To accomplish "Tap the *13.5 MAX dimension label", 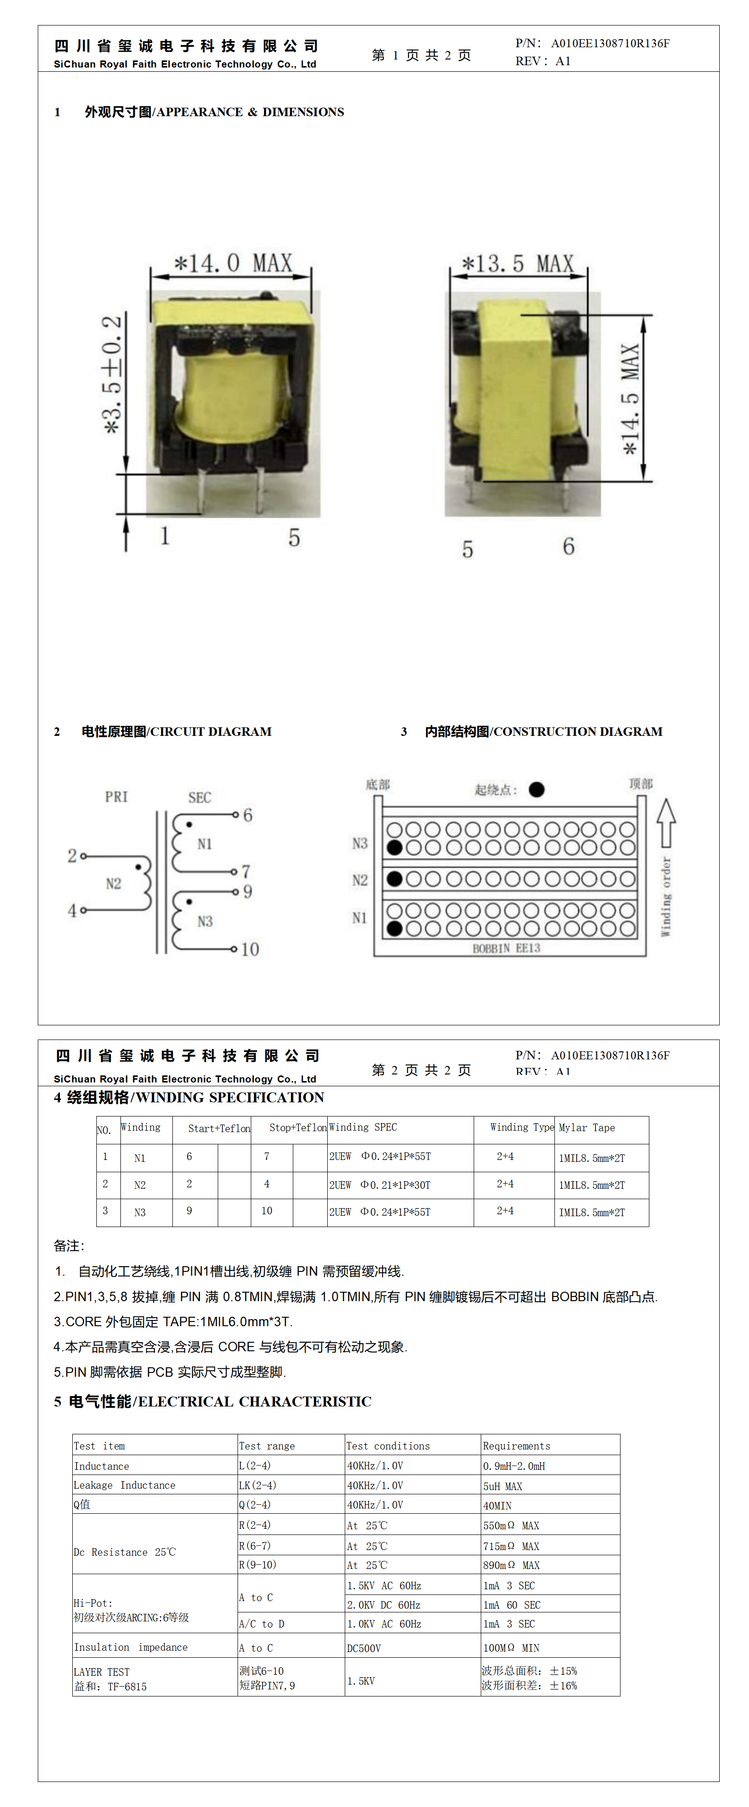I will coord(518,264).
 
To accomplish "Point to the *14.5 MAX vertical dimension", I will coord(630,399).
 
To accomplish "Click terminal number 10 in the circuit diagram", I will coord(250,949).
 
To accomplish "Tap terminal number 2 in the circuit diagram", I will coord(71,856).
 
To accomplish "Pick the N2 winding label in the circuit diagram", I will coord(114,884).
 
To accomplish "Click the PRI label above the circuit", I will coord(117,797).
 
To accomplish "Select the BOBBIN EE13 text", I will coord(506,948).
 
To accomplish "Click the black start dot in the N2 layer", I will coord(395,879).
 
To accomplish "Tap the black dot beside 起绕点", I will coord(536,790).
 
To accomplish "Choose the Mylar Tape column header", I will coord(587,1127).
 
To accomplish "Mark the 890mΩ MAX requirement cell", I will coord(511,1565).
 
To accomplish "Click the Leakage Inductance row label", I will coord(125,1485).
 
